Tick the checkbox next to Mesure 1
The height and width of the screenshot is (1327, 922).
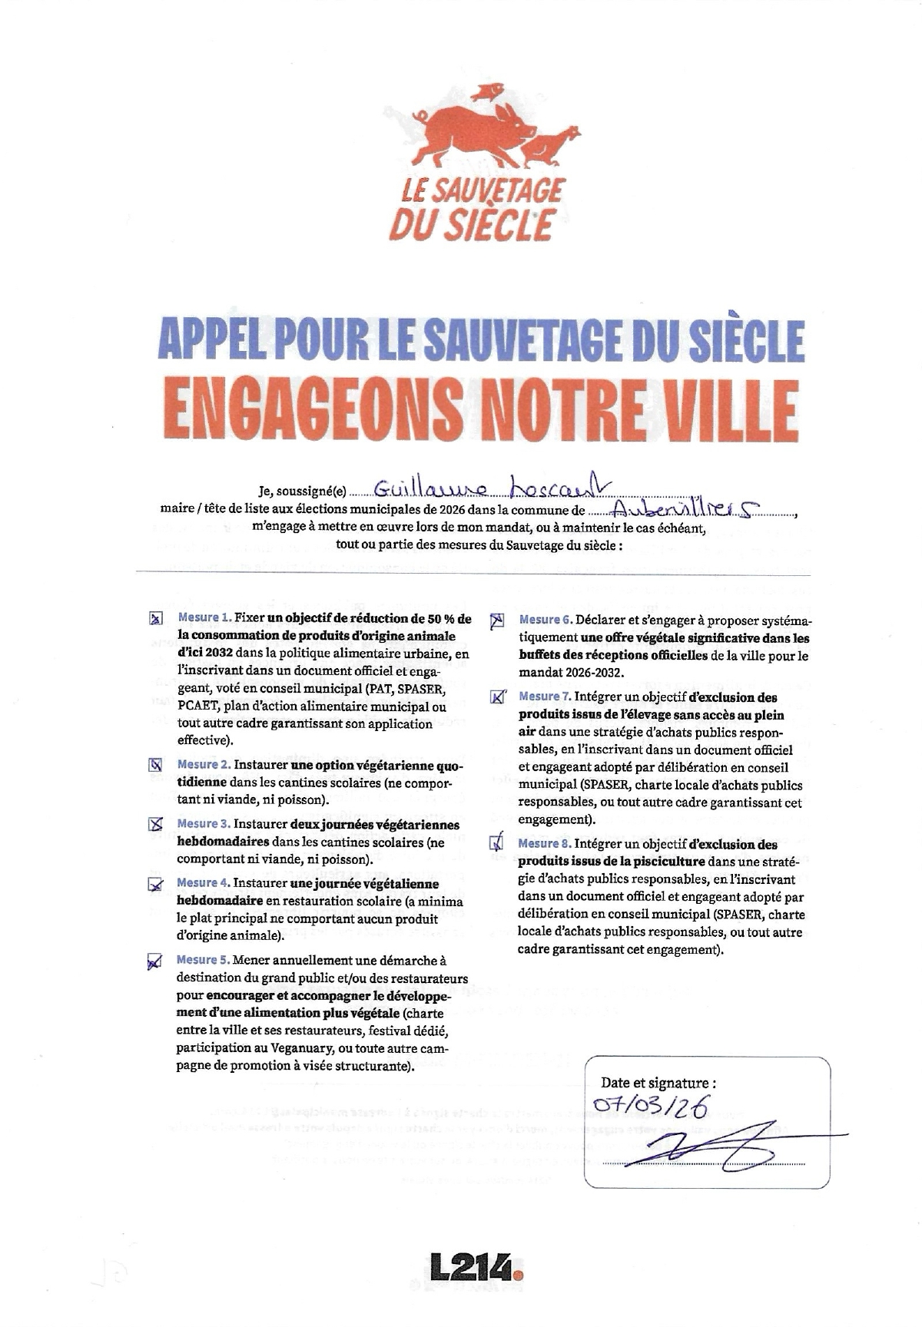click(156, 618)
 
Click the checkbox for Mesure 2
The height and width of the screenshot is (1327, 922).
click(155, 765)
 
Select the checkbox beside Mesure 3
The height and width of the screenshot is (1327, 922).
click(156, 824)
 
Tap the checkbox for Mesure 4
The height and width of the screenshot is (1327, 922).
click(156, 885)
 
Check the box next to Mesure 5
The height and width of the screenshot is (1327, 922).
click(154, 961)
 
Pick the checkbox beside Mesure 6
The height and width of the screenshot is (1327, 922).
click(497, 620)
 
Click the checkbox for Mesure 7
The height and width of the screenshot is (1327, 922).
click(497, 697)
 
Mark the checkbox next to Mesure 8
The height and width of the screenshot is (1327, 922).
click(497, 843)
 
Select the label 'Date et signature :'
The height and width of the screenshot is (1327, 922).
click(658, 1083)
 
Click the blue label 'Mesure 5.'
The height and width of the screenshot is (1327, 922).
click(203, 960)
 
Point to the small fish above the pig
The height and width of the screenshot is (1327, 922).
click(486, 92)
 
